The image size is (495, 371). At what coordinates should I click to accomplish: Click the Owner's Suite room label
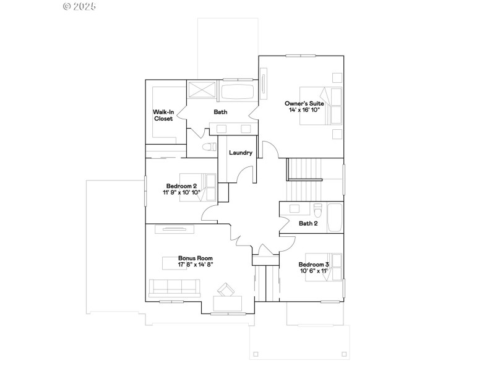click(304, 103)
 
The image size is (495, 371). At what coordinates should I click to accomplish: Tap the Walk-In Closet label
click(163, 115)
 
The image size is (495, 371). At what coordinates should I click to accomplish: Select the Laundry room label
click(240, 153)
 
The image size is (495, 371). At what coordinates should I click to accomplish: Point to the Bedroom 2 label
click(181, 186)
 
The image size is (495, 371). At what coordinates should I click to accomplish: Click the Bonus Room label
click(196, 258)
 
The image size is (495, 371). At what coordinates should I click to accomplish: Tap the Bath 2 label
click(308, 223)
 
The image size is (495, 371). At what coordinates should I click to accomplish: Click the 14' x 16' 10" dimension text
click(304, 109)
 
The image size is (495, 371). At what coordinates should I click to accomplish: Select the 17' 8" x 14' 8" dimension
click(196, 265)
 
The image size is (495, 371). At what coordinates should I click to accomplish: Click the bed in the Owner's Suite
click(322, 106)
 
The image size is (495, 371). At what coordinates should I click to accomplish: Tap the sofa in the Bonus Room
click(174, 288)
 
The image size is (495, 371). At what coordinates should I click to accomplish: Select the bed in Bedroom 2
click(199, 187)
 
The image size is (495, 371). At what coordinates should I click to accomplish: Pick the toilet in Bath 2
click(318, 208)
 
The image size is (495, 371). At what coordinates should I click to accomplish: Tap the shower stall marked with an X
click(202, 90)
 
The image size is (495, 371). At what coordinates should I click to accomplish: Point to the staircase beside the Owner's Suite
click(306, 169)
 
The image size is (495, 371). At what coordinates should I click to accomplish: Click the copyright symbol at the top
click(67, 6)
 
